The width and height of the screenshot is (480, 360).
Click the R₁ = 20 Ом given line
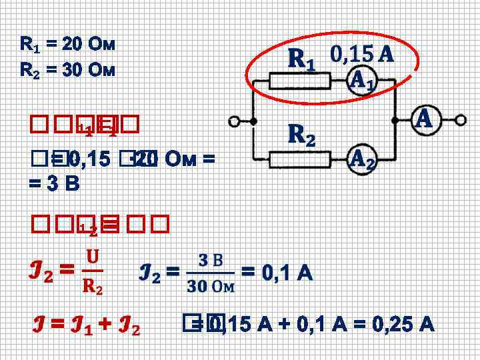pyautogui.click(x=68, y=45)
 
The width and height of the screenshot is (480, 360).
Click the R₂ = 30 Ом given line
pyautogui.click(x=68, y=69)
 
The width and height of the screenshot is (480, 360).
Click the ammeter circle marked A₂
pyautogui.click(x=362, y=159)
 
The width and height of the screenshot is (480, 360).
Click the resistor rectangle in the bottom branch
pyautogui.click(x=300, y=159)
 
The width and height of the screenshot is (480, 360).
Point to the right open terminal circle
pyautogui.click(x=461, y=121)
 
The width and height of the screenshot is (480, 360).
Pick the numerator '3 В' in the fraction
pyautogui.click(x=211, y=259)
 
